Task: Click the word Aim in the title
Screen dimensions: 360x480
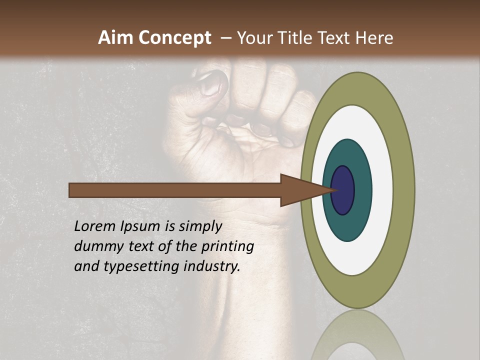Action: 115,38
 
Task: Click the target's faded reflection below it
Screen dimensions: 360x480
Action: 357,335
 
